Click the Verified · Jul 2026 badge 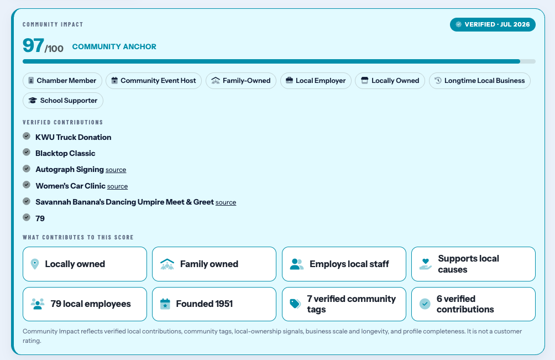point(493,24)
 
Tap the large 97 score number point(33,45)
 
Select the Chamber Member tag point(62,81)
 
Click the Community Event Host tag point(154,81)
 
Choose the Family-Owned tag point(240,81)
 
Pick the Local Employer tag point(316,81)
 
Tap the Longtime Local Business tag point(480,81)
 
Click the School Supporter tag point(63,101)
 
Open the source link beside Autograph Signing point(116,170)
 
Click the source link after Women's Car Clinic point(118,186)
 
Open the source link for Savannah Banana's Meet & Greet point(226,202)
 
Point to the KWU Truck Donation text point(74,137)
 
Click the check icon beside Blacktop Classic point(27,152)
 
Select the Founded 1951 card point(214,304)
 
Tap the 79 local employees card point(85,304)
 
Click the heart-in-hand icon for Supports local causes point(426,264)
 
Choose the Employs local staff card point(344,264)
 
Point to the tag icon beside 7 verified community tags point(295,304)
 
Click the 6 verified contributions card point(473,304)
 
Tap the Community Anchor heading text point(114,46)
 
